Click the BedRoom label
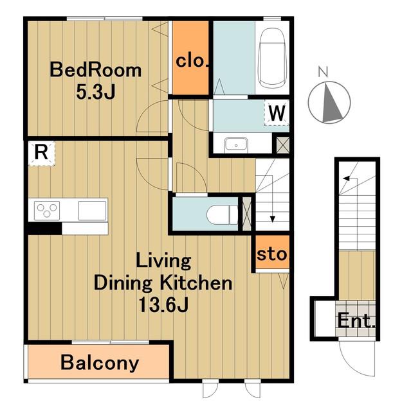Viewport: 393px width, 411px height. (96, 70)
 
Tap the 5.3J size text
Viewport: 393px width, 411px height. (96, 92)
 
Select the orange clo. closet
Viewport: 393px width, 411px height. (190, 57)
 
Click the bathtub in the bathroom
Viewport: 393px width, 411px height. (272, 58)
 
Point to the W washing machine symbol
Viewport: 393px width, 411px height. (277, 113)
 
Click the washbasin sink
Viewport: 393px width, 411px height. (236, 145)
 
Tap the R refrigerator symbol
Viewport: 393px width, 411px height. (41, 153)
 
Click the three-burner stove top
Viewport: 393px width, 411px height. (47, 211)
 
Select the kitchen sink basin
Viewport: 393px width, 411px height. (92, 211)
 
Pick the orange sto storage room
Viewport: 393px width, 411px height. (273, 252)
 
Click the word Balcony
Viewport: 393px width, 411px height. (100, 363)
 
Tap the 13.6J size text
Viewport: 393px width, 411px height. (163, 304)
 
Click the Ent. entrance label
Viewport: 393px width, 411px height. (356, 320)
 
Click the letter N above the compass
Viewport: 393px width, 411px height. (323, 72)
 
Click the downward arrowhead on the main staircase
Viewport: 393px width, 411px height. (273, 219)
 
